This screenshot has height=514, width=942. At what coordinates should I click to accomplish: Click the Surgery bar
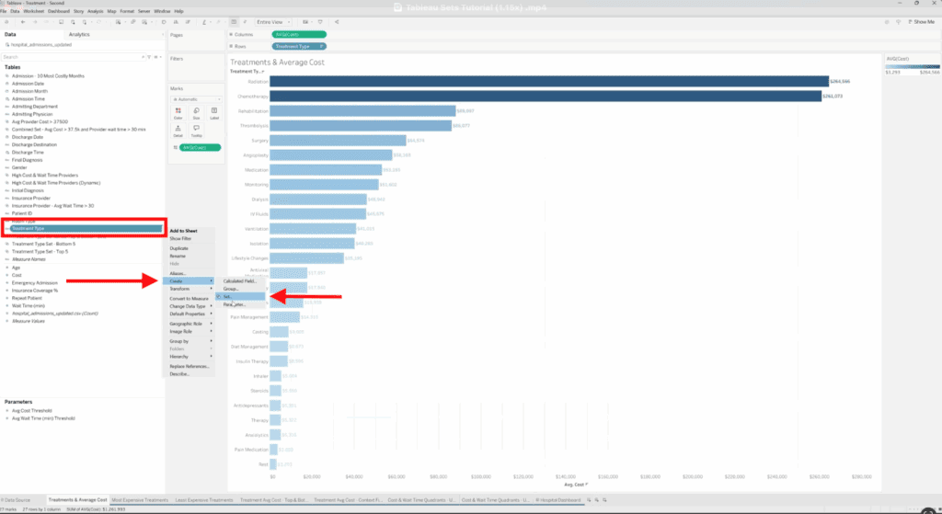click(x=339, y=141)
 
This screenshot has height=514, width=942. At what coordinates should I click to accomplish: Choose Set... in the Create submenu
click(x=227, y=297)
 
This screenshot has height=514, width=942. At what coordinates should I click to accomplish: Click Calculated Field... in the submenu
click(x=238, y=280)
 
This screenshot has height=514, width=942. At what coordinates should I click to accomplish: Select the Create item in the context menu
click(x=177, y=280)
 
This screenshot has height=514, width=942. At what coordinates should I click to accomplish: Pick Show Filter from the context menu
click(x=181, y=238)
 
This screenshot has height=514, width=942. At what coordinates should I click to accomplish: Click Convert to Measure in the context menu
click(x=190, y=298)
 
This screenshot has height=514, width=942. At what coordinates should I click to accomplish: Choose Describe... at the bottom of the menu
click(x=179, y=374)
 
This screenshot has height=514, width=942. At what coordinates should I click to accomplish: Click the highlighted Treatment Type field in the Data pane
click(x=84, y=228)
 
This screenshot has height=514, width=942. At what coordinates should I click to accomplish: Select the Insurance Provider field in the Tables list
click(x=31, y=197)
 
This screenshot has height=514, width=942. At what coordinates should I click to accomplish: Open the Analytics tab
click(x=79, y=34)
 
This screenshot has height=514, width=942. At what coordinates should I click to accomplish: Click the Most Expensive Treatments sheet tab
click(x=140, y=499)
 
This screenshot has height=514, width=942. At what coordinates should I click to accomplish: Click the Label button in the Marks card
click(x=213, y=113)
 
